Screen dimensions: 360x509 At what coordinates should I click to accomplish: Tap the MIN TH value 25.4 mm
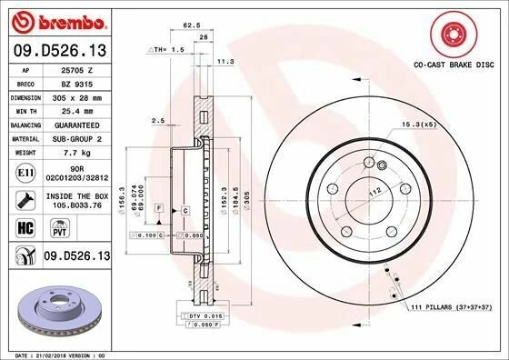pos(72,110)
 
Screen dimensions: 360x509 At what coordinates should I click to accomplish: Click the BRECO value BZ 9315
pos(72,83)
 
